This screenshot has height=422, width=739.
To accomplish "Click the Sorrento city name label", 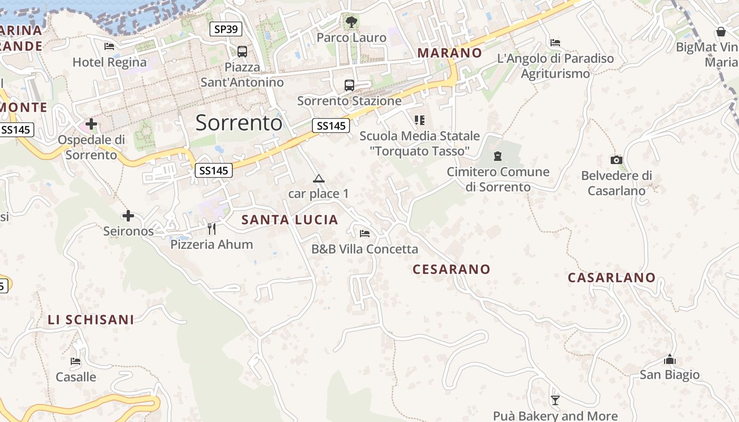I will (239, 123).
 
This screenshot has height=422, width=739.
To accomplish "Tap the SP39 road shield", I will (226, 29).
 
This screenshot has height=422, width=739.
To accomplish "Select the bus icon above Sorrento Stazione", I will (349, 85).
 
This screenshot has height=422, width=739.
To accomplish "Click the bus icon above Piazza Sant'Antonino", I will (242, 52).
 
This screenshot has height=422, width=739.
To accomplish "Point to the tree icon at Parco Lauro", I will (351, 22).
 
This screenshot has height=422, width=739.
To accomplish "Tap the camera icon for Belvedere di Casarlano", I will (616, 160).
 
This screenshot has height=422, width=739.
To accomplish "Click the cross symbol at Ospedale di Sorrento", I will (91, 124).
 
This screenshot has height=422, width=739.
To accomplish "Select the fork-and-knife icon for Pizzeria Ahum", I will (212, 228).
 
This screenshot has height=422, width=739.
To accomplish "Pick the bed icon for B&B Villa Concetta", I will (364, 233).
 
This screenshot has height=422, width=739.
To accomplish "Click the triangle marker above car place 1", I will (318, 179).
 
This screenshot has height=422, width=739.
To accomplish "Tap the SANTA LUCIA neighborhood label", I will (290, 220).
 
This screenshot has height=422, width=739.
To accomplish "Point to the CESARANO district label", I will (451, 269).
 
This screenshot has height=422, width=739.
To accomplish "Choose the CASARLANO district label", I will (612, 277).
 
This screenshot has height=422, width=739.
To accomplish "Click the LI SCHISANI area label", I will (91, 320).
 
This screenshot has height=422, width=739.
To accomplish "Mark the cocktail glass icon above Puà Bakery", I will (555, 400).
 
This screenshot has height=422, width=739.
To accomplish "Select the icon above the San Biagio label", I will (670, 360).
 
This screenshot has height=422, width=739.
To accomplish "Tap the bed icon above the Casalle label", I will (75, 361).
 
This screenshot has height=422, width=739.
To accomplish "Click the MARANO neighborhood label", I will (450, 53).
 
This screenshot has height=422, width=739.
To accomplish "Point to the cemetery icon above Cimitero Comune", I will (497, 156).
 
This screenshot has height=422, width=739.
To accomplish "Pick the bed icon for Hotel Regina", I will (109, 46).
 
